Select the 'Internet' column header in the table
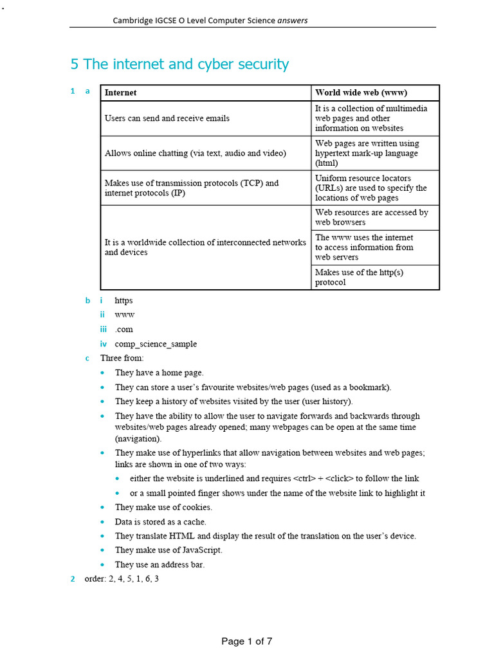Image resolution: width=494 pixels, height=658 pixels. pyautogui.click(x=121, y=93)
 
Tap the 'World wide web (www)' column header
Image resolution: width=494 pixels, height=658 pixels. pyautogui.click(x=361, y=93)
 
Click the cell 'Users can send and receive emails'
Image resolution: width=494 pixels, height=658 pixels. pyautogui.click(x=167, y=118)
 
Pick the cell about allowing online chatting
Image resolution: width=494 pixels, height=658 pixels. pyautogui.click(x=196, y=153)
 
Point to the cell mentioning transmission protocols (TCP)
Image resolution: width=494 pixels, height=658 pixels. pyautogui.click(x=192, y=188)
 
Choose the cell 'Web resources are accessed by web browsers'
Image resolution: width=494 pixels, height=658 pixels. pyautogui.click(x=371, y=217)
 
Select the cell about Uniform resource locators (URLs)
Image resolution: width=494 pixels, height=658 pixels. pyautogui.click(x=370, y=188)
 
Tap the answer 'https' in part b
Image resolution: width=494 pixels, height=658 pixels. pyautogui.click(x=123, y=300)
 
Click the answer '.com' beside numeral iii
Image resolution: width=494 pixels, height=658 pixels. pyautogui.click(x=124, y=329)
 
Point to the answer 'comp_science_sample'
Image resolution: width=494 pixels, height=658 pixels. pyautogui.click(x=156, y=344)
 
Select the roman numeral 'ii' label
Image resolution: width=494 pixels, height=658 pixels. pyautogui.click(x=102, y=315)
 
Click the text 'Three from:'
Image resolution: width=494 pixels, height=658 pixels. pyautogui.click(x=122, y=358)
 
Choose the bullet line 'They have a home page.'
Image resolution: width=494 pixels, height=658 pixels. pyautogui.click(x=159, y=372)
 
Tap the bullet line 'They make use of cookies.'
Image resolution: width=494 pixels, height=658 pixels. pyautogui.click(x=164, y=508)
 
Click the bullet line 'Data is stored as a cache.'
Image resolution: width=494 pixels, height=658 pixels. pyautogui.click(x=161, y=522)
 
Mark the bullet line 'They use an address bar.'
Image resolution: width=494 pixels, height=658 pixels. pyautogui.click(x=160, y=564)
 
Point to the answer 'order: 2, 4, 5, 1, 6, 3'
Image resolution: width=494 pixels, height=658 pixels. pyautogui.click(x=122, y=579)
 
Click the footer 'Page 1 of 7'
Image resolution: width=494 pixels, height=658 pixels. pyautogui.click(x=247, y=641)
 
